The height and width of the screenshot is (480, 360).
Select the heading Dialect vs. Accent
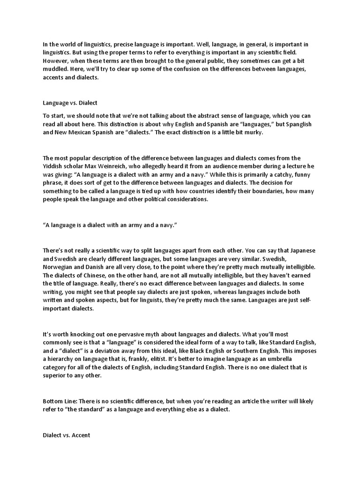click(x=67, y=435)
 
